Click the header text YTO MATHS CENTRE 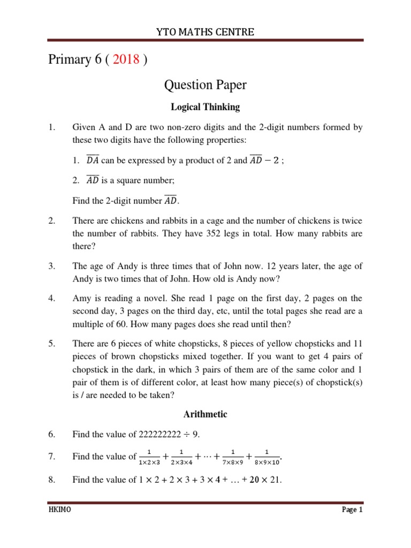pos(205,33)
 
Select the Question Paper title pos(205,85)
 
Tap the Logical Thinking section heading pos(205,107)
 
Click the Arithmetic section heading pos(205,414)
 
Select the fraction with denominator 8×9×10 pos(267,456)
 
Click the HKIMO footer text pos(57,510)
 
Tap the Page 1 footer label pos(352,510)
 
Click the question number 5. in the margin pos(51,343)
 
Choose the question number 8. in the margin pos(51,480)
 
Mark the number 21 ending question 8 pos(275,480)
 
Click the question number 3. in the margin pos(51,266)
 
